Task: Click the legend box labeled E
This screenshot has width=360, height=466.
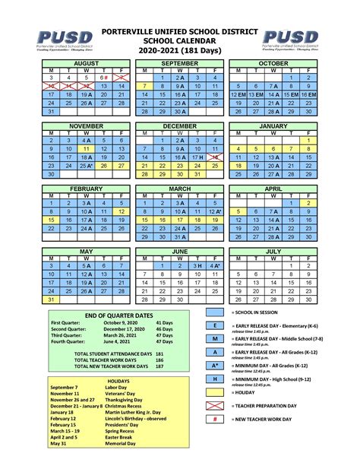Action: (x=216, y=325)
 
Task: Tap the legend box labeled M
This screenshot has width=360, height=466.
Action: (x=216, y=338)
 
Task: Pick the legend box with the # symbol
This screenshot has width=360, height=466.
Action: (x=216, y=419)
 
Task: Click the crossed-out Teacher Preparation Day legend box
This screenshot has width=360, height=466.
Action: (x=216, y=405)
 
